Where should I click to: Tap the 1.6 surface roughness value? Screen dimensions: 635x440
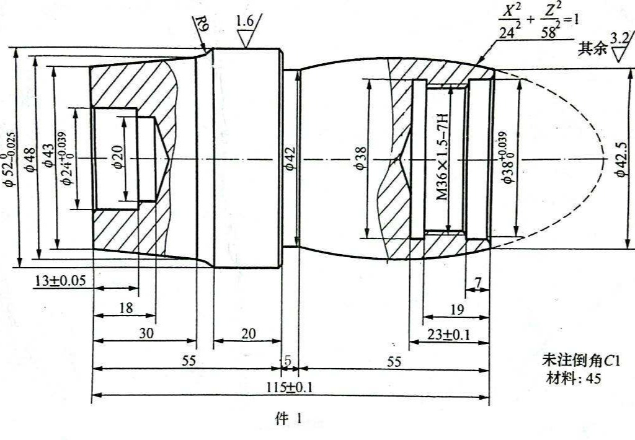tap(245, 21)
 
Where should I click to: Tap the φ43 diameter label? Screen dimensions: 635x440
tap(48, 156)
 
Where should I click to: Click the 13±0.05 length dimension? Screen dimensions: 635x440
tap(60, 281)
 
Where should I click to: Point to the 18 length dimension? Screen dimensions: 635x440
tap(126, 308)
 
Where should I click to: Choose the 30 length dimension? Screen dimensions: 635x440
tap(146, 333)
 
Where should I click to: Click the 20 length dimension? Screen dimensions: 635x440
tap(248, 333)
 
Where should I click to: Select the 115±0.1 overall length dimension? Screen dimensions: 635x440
tap(290, 387)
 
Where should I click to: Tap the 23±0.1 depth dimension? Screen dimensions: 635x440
tap(449, 335)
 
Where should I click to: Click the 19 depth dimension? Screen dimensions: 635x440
tap(457, 310)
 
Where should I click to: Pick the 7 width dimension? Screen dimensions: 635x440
tap(478, 283)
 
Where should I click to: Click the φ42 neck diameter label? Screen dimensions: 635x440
tap(290, 159)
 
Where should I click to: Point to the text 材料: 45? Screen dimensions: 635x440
tap(574, 379)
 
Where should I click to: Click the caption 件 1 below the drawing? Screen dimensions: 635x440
tap(288, 420)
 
